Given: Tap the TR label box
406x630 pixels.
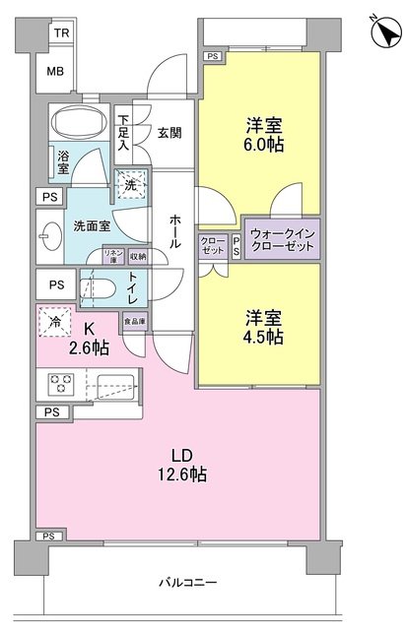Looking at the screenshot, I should coord(60,32).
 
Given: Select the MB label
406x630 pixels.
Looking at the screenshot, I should coord(60,71).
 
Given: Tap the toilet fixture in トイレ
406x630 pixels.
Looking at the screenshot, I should coord(102,289).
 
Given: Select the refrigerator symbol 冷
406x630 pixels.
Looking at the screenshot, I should coord(54,321).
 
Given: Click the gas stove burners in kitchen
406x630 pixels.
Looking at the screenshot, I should coord(57,384).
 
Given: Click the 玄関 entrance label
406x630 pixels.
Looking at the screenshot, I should coord(170,134).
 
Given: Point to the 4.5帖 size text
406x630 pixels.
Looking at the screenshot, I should coord(263,337).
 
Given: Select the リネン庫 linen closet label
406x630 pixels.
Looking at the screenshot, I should coord(113,257).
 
